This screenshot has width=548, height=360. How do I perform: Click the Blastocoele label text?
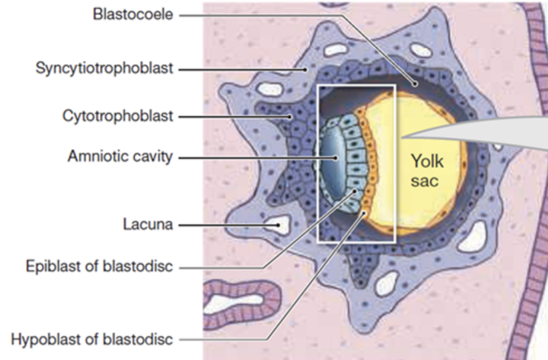pyautogui.click(x=133, y=15)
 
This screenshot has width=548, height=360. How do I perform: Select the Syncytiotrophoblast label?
pyautogui.click(x=104, y=69)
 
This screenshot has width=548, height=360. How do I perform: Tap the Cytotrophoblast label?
pyautogui.click(x=117, y=117)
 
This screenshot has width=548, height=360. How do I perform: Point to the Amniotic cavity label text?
pyautogui.click(x=120, y=157)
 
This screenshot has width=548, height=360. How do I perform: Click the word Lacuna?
pyautogui.click(x=147, y=225)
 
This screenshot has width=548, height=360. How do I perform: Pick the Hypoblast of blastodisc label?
pyautogui.click(x=92, y=339)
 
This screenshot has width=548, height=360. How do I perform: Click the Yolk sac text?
pyautogui.click(x=427, y=171)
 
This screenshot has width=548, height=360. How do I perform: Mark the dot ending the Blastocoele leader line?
pyautogui.click(x=416, y=84)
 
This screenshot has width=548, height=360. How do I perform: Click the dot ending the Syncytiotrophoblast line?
pyautogui.click(x=306, y=69)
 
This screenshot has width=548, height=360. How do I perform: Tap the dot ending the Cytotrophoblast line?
pyautogui.click(x=290, y=117)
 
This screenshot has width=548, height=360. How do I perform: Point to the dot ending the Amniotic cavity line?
pyautogui.click(x=336, y=157)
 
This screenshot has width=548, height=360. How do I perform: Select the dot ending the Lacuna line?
pyautogui.click(x=279, y=225)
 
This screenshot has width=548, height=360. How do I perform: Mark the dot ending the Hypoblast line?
pyautogui.click(x=364, y=212)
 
